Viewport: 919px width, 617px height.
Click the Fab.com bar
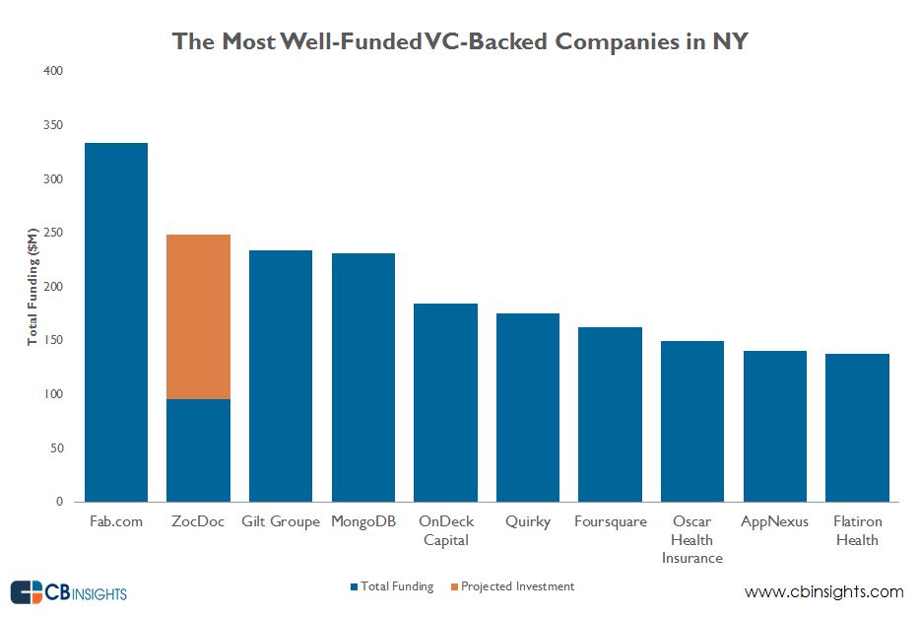[x=116, y=322]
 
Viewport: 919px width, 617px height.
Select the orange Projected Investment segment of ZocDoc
[x=199, y=316]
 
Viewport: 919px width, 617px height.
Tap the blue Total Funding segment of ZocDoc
[x=199, y=450]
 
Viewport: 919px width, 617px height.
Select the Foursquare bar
[x=610, y=414]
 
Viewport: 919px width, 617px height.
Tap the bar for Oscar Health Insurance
[x=692, y=421]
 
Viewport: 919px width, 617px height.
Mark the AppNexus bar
[x=774, y=426]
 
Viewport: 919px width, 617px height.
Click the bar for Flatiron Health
[x=857, y=428]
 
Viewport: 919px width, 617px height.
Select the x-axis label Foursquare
[x=610, y=521]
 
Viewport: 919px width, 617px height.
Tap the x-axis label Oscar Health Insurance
[x=692, y=539]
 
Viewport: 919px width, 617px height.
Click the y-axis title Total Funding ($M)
[x=32, y=287]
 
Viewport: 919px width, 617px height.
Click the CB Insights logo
[x=69, y=592]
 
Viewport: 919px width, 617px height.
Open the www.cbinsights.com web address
[x=823, y=591]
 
